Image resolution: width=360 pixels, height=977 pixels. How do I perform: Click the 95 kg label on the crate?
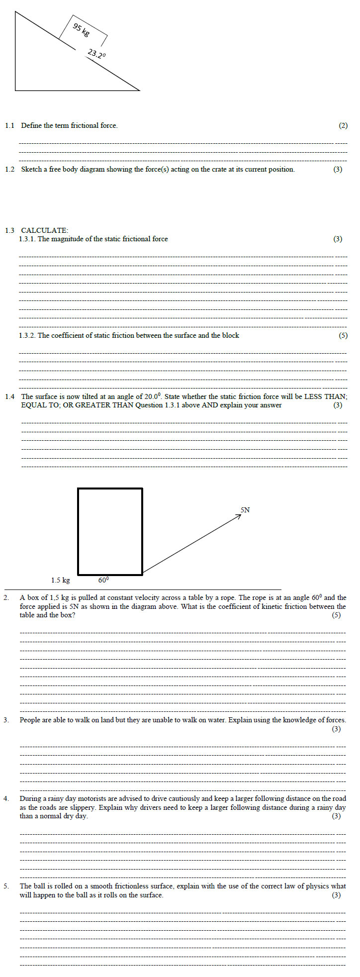coord(81,30)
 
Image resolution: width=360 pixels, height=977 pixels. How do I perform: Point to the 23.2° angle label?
coord(96,54)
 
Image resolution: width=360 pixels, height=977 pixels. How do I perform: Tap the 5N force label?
coord(245,510)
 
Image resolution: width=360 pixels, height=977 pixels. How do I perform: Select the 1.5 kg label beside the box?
coord(61,580)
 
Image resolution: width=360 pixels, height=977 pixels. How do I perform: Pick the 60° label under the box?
coord(103,580)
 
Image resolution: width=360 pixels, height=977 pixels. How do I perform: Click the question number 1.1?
coord(10,126)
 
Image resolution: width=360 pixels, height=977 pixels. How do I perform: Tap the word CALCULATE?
coord(45,230)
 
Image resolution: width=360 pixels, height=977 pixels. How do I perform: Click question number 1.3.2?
coord(27,336)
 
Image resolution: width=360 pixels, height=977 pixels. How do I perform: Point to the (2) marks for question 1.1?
coord(343,126)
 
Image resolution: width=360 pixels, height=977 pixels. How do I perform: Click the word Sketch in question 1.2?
coord(31,170)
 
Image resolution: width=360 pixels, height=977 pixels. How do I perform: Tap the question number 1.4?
coord(10,397)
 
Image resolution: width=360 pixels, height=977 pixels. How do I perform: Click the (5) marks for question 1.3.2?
coord(343,336)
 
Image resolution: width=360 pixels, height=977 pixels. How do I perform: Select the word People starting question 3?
coord(30,720)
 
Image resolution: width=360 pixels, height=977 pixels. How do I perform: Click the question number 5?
coord(6,886)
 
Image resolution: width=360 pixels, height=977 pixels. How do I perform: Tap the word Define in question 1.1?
coord(31,126)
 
